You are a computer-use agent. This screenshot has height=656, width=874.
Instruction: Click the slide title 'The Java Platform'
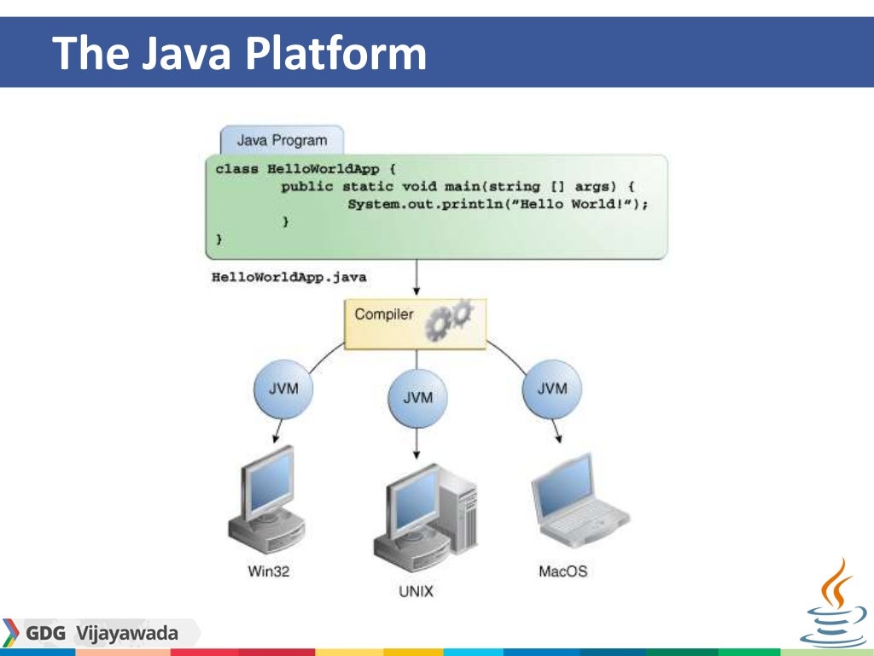tap(239, 53)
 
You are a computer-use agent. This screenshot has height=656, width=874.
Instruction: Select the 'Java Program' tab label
tap(282, 140)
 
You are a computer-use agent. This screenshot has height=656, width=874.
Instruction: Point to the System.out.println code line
tap(498, 204)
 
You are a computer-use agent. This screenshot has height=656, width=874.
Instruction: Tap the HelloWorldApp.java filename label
tap(289, 278)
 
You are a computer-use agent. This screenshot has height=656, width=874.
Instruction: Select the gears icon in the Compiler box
tap(450, 319)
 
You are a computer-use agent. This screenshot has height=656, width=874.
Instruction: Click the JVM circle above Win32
tap(283, 389)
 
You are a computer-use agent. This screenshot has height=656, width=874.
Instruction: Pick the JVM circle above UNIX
tap(417, 398)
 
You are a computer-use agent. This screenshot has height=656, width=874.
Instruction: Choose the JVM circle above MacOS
tap(551, 389)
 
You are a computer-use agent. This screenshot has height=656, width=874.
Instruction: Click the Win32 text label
tap(269, 571)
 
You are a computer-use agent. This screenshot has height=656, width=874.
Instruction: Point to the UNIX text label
tap(417, 590)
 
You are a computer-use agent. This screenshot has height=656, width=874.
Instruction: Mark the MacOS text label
tap(562, 571)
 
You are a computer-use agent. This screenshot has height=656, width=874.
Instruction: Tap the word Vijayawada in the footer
tap(126, 634)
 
